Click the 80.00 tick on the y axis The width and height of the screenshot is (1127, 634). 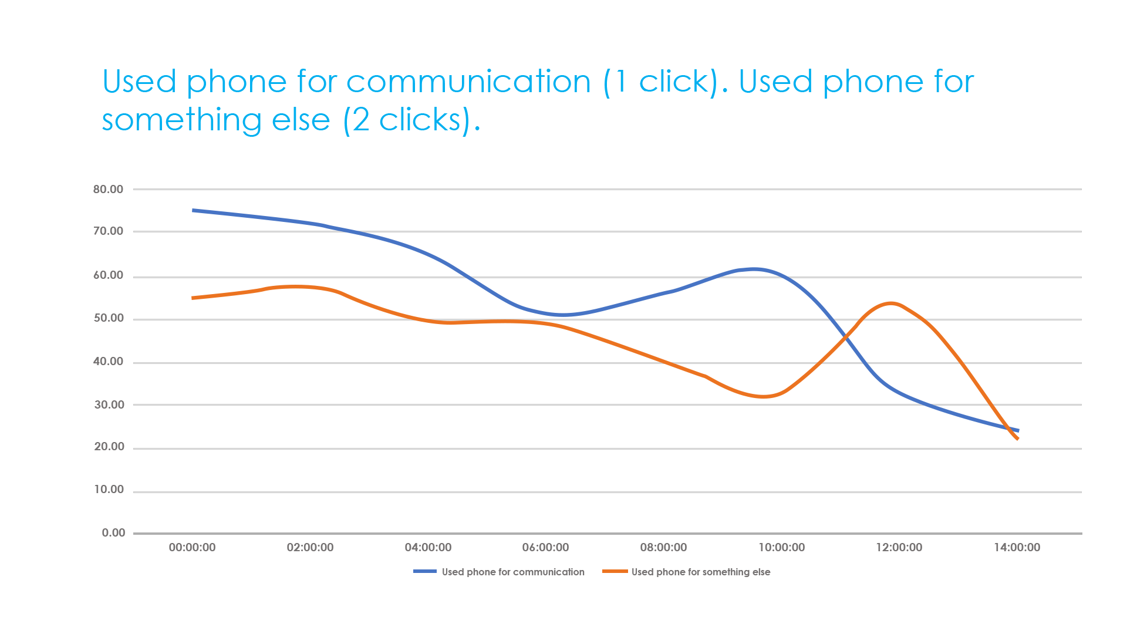point(108,189)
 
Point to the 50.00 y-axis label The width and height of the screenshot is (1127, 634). point(108,318)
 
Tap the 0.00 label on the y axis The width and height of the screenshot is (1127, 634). point(113,533)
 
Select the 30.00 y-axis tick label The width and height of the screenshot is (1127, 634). point(108,404)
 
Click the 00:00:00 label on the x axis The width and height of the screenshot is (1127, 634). point(192,548)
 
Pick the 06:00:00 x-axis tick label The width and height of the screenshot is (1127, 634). point(545,548)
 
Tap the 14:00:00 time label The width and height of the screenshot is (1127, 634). point(1017,548)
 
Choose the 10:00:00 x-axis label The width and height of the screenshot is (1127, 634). point(781,548)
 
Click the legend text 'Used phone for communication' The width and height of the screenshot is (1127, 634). point(513,572)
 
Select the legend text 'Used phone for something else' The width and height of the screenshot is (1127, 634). point(701,572)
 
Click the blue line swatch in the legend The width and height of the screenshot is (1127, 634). point(424,572)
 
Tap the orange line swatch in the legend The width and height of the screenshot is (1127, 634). point(615,572)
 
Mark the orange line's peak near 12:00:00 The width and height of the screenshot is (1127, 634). point(891,303)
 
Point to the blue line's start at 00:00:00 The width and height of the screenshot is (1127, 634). point(193,210)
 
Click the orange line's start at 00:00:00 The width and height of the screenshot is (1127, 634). point(193,298)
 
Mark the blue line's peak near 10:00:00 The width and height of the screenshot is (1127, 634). point(754,269)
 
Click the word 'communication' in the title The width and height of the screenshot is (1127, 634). point(468,82)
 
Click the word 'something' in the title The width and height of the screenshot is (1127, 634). point(181,120)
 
